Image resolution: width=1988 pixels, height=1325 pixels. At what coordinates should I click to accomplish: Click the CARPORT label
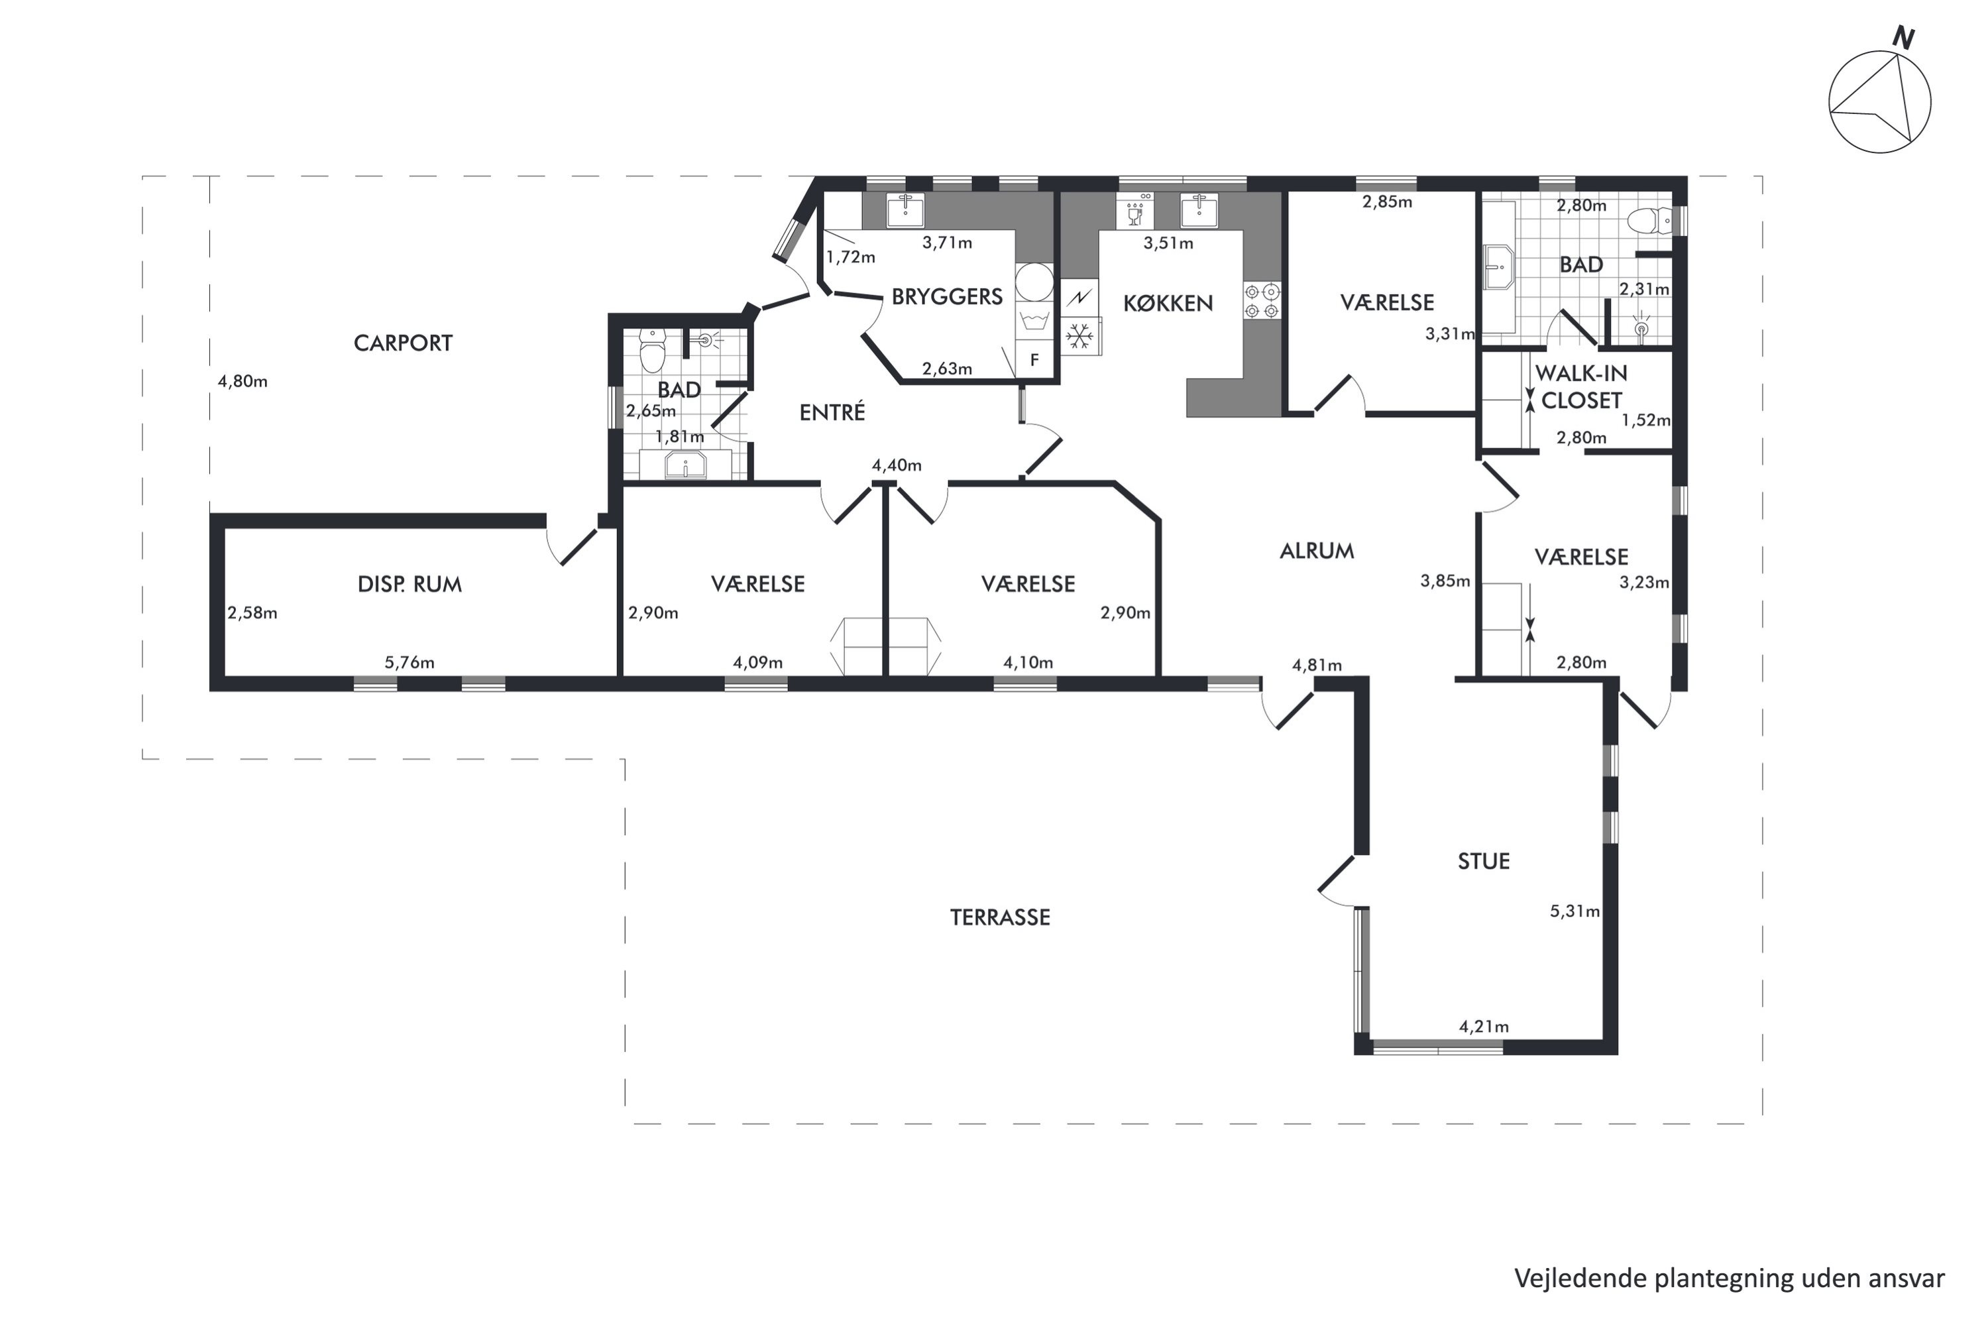tap(403, 343)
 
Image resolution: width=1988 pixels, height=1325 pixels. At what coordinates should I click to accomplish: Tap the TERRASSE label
tap(999, 918)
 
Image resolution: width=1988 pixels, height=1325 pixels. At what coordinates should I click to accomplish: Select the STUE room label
tap(1484, 861)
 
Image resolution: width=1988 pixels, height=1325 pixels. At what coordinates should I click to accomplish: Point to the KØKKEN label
tap(1168, 304)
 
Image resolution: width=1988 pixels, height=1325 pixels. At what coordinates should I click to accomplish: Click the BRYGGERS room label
tap(947, 296)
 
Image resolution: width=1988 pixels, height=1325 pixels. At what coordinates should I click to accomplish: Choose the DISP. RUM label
tap(410, 584)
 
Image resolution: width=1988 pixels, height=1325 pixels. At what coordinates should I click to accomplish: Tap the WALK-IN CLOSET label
tap(1580, 386)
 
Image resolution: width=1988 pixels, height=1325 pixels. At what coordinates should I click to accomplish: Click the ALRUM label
tap(1316, 551)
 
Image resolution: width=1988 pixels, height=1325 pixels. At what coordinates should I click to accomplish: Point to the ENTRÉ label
tap(832, 412)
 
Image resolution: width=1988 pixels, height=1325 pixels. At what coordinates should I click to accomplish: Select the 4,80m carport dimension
tap(243, 381)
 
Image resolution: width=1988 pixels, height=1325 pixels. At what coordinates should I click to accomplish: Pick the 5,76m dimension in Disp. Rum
tap(410, 663)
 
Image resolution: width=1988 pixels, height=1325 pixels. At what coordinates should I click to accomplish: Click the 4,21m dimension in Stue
tap(1484, 1027)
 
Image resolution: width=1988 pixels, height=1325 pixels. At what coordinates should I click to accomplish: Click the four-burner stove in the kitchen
tap(1262, 301)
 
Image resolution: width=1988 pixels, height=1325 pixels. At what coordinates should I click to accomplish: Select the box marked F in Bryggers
tap(1034, 361)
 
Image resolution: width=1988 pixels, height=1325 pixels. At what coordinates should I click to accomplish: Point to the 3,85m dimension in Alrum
tap(1445, 581)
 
